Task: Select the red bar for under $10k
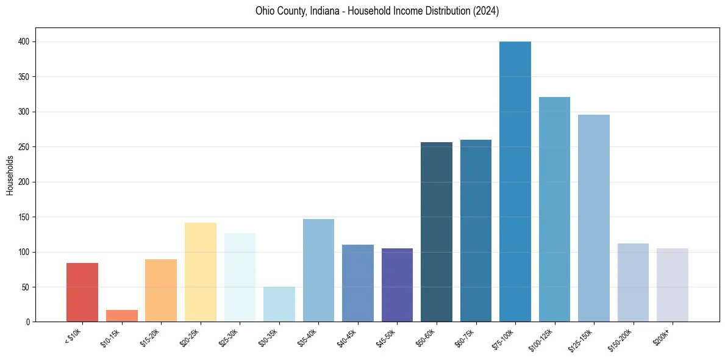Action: pos(82,292)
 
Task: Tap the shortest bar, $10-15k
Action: pos(122,316)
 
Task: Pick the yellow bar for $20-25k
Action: pos(201,272)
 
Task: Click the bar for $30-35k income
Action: pos(279,304)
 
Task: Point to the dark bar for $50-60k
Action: pos(437,232)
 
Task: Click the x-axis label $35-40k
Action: pos(309,336)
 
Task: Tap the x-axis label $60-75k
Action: pos(466,336)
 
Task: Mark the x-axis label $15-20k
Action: pos(151,336)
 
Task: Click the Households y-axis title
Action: pos(10,175)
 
